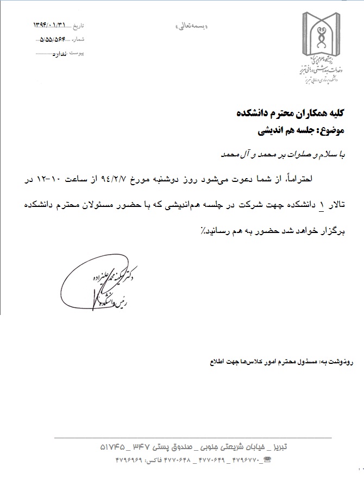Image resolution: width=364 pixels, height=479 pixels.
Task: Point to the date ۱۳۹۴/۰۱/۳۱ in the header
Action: coord(52,25)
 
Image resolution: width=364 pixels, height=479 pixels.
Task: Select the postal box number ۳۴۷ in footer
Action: coord(145,446)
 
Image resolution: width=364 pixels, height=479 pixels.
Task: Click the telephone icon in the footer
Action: coord(266,460)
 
